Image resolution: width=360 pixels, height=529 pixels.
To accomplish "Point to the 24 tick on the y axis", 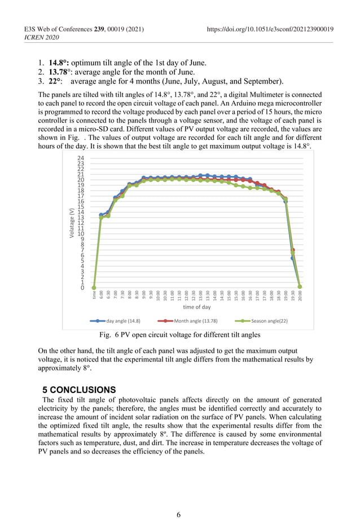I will pyautogui.click(x=81, y=158).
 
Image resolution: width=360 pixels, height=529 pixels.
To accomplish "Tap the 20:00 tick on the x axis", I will pyautogui.click(x=300, y=296).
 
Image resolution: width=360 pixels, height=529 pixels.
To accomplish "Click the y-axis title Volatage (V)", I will pyautogui.click(x=72, y=223).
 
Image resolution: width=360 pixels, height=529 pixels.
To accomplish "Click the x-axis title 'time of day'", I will pyautogui.click(x=196, y=307).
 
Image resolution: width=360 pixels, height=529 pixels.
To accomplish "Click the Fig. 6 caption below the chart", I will pyautogui.click(x=179, y=335).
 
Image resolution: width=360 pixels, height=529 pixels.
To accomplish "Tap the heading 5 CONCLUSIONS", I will pyautogui.click(x=79, y=390).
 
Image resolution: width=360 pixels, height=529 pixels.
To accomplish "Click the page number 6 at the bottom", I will pyautogui.click(x=179, y=514).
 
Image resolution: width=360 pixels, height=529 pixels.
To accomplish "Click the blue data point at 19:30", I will pyautogui.click(x=292, y=258).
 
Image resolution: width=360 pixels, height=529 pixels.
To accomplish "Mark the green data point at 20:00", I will pyautogui.click(x=300, y=287).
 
